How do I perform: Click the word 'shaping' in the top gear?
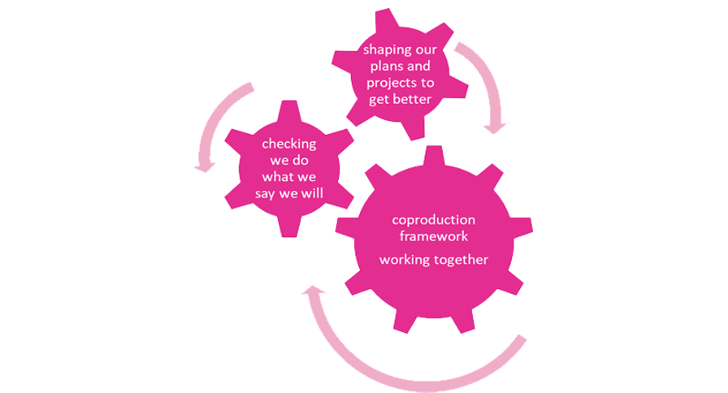[386, 51]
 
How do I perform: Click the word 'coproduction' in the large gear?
[433, 220]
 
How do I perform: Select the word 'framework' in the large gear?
[433, 235]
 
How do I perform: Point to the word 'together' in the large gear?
[466, 260]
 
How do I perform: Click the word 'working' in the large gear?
[405, 260]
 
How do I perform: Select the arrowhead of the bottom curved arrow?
[310, 291]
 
